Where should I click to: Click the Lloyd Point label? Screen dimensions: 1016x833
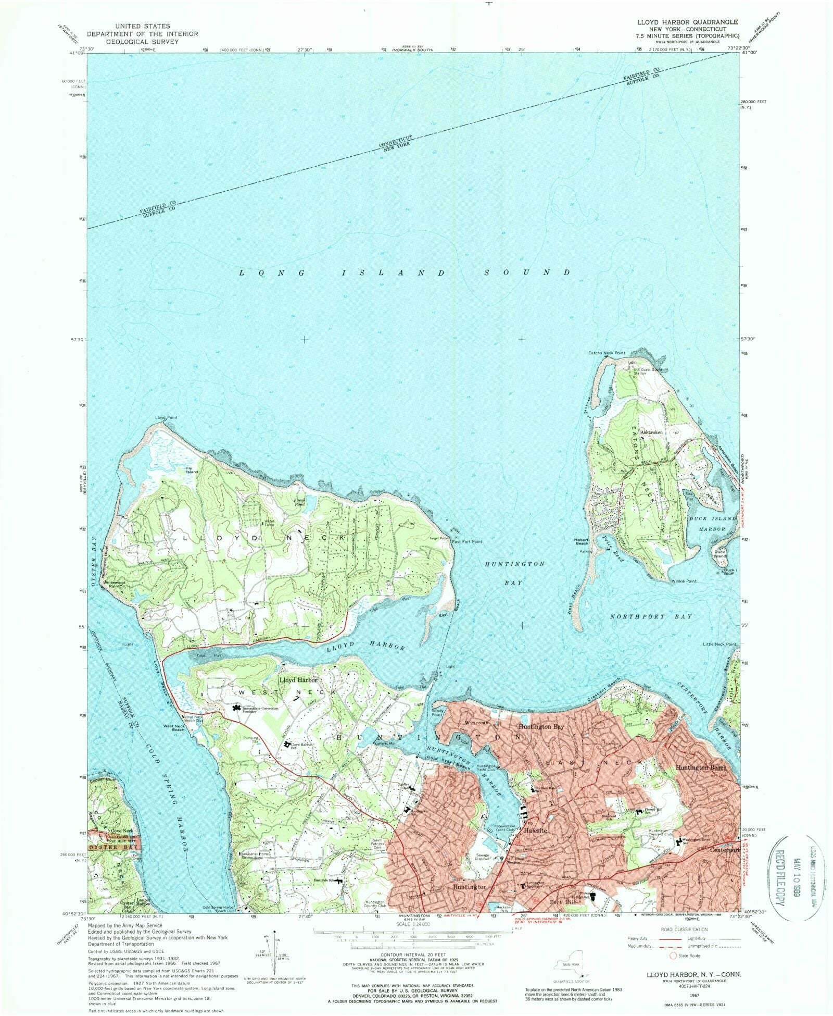(x=166, y=417)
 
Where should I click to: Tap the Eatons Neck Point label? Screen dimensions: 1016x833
(x=607, y=353)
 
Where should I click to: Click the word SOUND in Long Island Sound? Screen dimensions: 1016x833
(x=527, y=272)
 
